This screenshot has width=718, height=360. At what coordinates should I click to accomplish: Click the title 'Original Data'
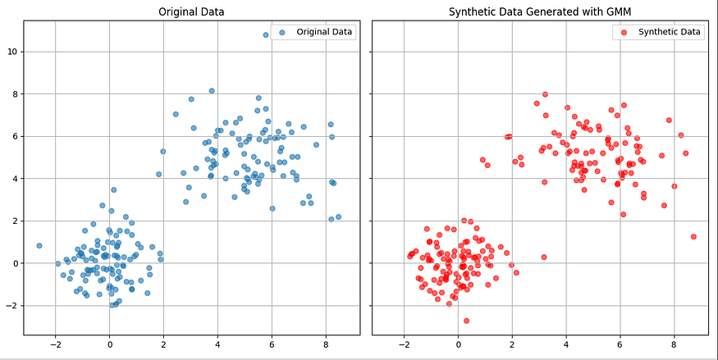pyautogui.click(x=191, y=12)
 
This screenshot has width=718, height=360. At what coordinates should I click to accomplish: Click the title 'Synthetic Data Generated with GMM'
pyautogui.click(x=539, y=12)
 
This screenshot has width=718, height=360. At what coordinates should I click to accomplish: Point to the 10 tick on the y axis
pyautogui.click(x=11, y=52)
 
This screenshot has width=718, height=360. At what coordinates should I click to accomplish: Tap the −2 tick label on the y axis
pyautogui.click(x=11, y=306)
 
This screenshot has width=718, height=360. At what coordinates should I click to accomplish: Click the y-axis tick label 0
pyautogui.click(x=13, y=263)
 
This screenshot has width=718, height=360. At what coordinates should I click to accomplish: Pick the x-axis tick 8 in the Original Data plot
pyautogui.click(x=326, y=344)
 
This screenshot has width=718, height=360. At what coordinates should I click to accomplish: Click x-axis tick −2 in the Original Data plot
pyautogui.click(x=55, y=344)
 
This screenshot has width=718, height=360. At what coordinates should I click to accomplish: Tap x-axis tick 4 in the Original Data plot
pyautogui.click(x=217, y=344)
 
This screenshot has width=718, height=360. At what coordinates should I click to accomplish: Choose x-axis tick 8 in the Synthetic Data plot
pyautogui.click(x=674, y=344)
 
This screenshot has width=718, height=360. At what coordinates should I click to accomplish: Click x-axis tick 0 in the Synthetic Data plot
pyautogui.click(x=458, y=344)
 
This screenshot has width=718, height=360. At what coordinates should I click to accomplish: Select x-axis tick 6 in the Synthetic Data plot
pyautogui.click(x=620, y=344)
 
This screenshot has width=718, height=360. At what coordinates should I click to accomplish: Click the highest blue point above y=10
pyautogui.click(x=266, y=34)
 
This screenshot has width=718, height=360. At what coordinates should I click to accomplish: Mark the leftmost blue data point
pyautogui.click(x=39, y=245)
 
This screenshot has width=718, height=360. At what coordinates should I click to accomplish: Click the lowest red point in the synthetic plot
pyautogui.click(x=466, y=321)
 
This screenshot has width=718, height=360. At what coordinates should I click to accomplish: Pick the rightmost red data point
pyautogui.click(x=693, y=236)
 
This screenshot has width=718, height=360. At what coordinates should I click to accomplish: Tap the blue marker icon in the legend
pyautogui.click(x=282, y=32)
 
